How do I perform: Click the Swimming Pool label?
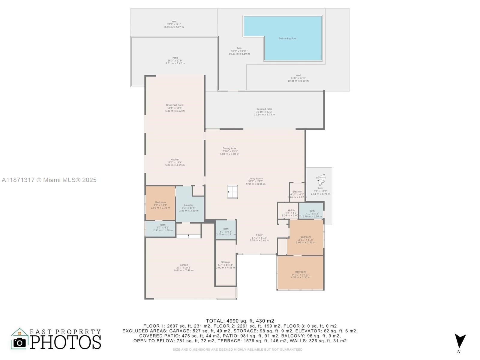(287, 38)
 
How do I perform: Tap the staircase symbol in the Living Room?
(232, 192)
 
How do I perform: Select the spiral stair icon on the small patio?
(321, 180)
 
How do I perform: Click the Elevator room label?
(297, 191)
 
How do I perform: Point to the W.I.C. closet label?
(291, 210)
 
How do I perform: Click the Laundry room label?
(189, 205)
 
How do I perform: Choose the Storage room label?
(226, 262)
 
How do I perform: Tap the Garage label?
(184, 265)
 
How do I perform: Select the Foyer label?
(259, 235)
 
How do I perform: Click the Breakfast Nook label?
(175, 105)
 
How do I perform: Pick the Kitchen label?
(175, 160)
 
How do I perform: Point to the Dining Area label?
(229, 148)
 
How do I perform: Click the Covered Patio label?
(264, 109)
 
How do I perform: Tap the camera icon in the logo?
(20, 342)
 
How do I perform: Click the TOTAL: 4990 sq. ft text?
(240, 321)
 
